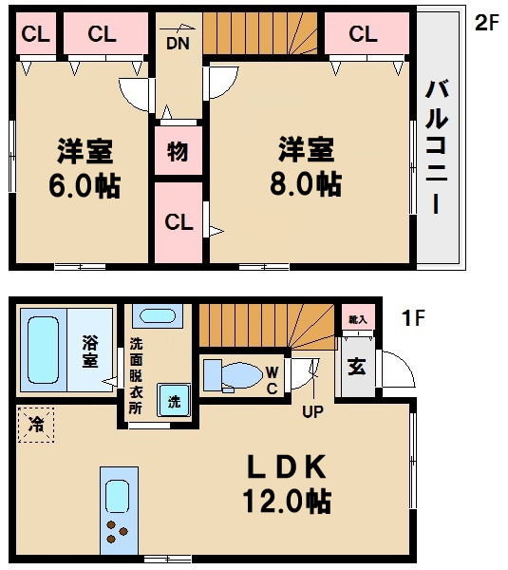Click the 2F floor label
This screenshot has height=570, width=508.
(x=487, y=23)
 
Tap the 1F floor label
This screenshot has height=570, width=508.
(x=413, y=317)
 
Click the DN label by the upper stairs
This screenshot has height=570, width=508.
(x=179, y=44)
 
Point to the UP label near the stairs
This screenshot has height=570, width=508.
(x=312, y=411)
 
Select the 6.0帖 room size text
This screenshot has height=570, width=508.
(x=85, y=185)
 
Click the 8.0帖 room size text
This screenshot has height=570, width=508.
(x=306, y=184)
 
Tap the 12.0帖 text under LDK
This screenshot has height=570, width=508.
(x=287, y=501)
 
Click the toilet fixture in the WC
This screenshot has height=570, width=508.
(x=233, y=375)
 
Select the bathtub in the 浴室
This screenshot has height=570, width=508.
(x=44, y=350)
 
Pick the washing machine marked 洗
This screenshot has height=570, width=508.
(x=174, y=400)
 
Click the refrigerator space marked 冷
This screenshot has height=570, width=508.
(x=36, y=425)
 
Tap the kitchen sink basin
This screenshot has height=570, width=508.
(x=117, y=496)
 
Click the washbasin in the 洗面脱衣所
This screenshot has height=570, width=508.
(x=158, y=316)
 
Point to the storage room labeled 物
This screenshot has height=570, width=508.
(x=179, y=150)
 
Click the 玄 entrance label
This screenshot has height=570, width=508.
(x=357, y=367)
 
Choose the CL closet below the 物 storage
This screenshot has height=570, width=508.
(x=179, y=222)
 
